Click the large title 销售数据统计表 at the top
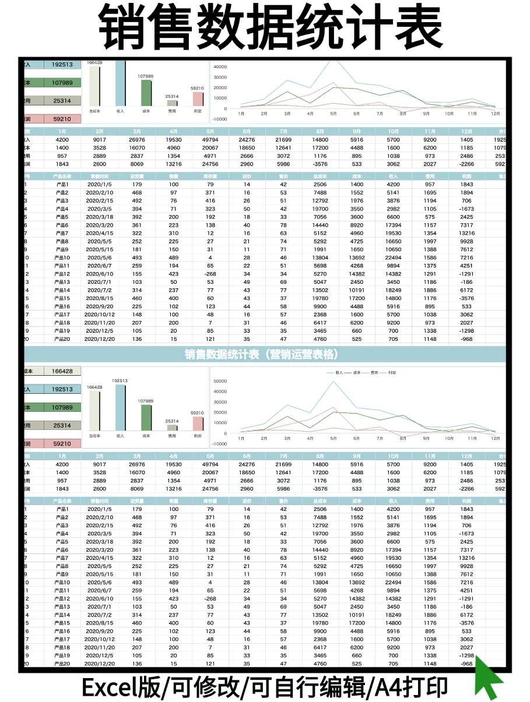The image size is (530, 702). pos(265,27)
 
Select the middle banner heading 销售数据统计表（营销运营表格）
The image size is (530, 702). pos(262,354)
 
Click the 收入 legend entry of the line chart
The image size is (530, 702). pos(339,372)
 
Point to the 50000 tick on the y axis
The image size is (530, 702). pos(220,381)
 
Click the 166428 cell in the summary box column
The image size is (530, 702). pos(62,371)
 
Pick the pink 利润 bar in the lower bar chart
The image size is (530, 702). pos(198,423)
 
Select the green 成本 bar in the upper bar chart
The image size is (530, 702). pos(146,93)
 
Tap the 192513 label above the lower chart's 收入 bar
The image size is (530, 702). pos(120,380)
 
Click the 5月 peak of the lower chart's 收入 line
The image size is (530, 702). pos(334,382)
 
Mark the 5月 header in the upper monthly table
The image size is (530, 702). pos(210,132)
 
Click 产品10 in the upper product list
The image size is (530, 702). pos(62,257)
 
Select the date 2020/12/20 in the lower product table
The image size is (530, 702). pos(100,664)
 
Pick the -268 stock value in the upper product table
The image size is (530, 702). pos(210,274)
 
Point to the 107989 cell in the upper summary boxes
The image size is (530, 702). pos(62,83)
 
